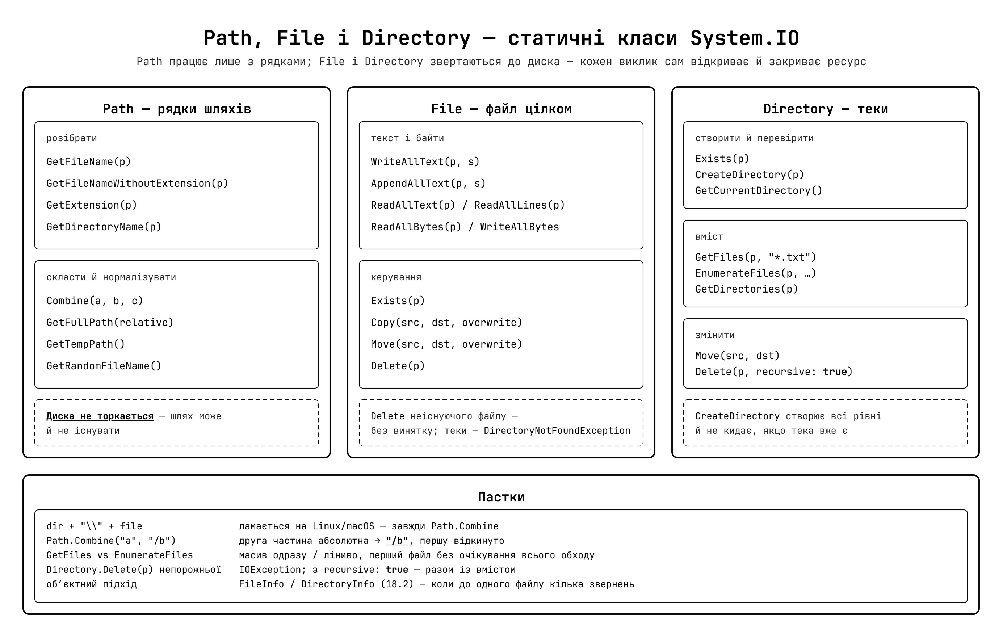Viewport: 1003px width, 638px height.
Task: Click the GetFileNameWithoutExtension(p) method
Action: click(138, 184)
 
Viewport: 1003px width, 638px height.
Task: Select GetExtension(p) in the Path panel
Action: click(92, 205)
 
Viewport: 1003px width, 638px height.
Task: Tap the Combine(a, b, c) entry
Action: click(95, 301)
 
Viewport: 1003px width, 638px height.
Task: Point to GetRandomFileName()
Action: click(104, 366)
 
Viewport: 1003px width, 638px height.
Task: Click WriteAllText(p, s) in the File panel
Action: click(425, 161)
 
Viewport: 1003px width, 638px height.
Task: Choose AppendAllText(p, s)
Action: click(428, 184)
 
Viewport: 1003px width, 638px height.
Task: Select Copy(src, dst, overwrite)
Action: click(446, 322)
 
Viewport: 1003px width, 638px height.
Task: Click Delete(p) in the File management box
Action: click(398, 366)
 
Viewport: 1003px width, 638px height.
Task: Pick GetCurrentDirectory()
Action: click(759, 190)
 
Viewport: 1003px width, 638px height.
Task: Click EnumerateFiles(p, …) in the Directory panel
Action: click(756, 273)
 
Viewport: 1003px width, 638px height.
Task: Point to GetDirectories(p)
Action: click(746, 289)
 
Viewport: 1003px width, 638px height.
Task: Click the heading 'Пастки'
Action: click(501, 497)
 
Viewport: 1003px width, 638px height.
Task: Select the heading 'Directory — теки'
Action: click(826, 109)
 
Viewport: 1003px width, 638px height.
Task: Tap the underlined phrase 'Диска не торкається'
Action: click(100, 416)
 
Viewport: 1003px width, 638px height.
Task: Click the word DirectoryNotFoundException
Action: click(557, 431)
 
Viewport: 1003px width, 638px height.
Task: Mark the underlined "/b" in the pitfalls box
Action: click(397, 541)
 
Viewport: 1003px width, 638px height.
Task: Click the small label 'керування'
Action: click(396, 277)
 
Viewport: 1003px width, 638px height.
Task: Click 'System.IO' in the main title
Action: click(745, 38)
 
